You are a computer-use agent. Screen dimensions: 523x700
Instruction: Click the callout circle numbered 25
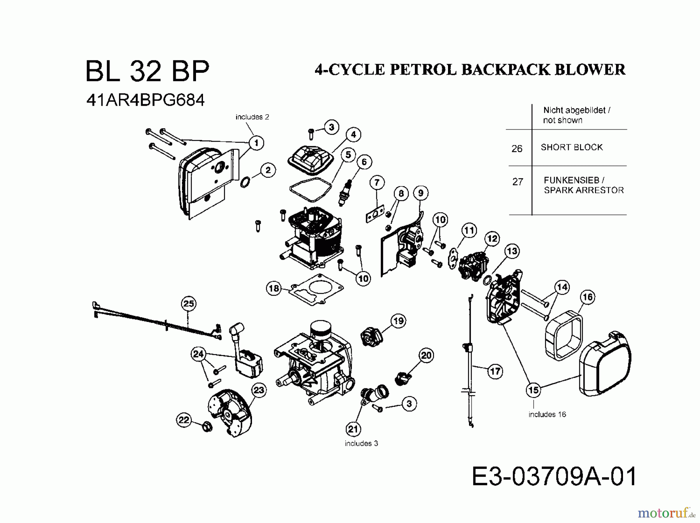pos(189,304)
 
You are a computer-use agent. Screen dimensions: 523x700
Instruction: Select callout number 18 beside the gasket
pos(274,288)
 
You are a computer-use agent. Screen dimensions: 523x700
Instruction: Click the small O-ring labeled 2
pos(245,182)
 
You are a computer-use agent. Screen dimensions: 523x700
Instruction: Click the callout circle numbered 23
pos(259,390)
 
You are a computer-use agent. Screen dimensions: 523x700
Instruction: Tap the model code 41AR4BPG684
pos(145,100)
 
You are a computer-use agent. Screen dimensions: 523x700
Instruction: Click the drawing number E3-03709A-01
pos(554,477)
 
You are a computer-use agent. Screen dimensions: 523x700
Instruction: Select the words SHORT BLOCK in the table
pos(571,147)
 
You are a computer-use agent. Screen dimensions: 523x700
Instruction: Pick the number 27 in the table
pos(518,182)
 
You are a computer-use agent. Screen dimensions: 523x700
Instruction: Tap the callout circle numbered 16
pos(587,297)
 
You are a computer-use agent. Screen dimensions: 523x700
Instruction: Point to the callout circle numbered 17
pos(495,371)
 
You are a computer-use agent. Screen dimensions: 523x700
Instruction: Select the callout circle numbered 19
pos(398,321)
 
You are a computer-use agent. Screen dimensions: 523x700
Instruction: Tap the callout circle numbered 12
pos(492,238)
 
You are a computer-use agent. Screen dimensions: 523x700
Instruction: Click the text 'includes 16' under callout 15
pos(547,415)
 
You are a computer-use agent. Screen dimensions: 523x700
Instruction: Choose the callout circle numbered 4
pos(353,135)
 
